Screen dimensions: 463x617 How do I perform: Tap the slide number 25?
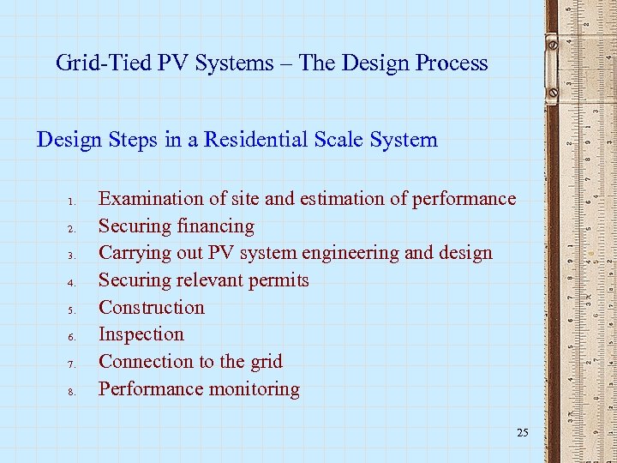click(x=523, y=433)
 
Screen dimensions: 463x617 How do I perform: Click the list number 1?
click(x=74, y=202)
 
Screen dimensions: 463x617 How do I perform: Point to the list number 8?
click(x=74, y=393)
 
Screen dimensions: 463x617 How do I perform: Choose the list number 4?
click(x=74, y=284)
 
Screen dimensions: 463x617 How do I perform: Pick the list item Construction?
click(x=151, y=307)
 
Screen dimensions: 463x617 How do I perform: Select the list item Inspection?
click(x=141, y=334)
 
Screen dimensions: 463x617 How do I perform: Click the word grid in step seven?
click(x=265, y=361)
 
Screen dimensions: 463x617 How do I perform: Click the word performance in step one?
click(x=464, y=199)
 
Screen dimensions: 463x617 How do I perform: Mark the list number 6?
click(x=74, y=338)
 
